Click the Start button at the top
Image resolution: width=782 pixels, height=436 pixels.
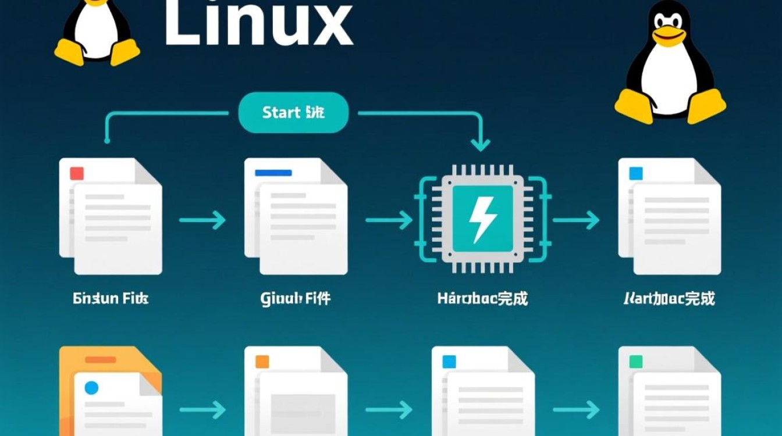[293, 112]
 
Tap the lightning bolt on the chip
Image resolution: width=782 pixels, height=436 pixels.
[483, 219]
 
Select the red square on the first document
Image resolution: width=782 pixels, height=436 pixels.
[77, 173]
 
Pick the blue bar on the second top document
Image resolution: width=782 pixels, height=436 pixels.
[273, 173]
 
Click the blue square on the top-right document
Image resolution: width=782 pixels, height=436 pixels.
[636, 173]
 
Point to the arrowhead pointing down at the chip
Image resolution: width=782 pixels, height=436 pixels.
[480, 144]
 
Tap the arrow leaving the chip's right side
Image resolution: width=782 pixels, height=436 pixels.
[576, 220]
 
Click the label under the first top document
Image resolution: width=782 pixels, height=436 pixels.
[111, 299]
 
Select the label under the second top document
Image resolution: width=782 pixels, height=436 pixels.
[296, 299]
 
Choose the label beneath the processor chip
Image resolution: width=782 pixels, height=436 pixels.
[482, 299]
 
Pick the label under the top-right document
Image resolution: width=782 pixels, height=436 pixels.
[669, 299]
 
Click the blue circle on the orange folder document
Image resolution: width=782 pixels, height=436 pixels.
[91, 388]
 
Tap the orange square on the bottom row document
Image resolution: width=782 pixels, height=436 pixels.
[262, 362]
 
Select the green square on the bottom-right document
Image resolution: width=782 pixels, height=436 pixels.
[636, 362]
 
